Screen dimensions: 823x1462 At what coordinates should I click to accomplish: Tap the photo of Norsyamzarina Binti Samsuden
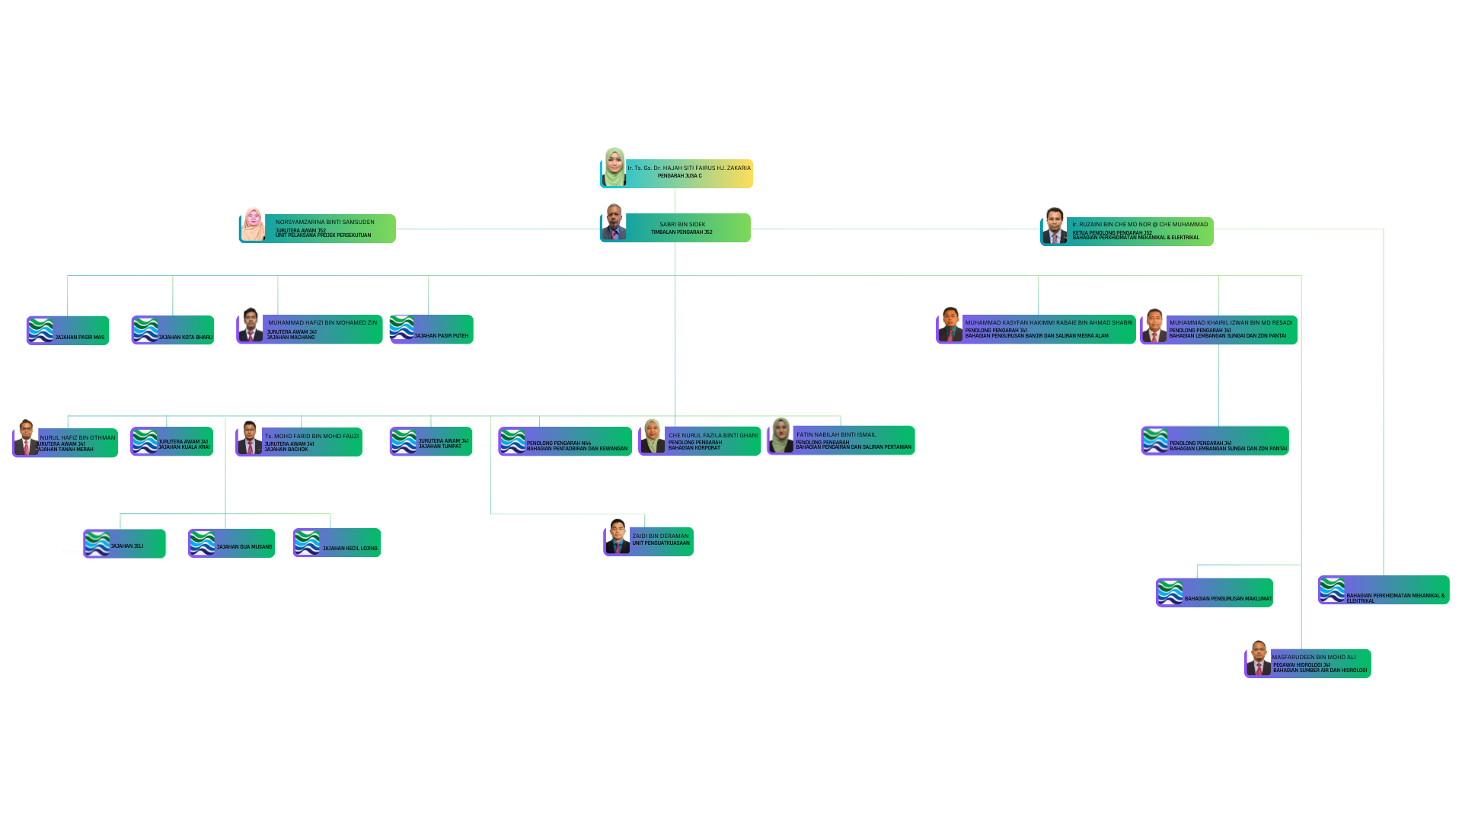[253, 226]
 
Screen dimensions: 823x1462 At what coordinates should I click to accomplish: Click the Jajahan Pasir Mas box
[69, 331]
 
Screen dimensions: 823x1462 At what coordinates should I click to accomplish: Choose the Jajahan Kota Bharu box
[174, 331]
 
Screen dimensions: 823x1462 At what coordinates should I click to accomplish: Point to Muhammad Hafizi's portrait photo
[251, 325]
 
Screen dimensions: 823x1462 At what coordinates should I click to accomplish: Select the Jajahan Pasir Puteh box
[432, 329]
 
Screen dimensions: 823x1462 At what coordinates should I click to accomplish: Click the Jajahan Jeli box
[125, 543]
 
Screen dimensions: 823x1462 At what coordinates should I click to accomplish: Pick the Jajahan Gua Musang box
[231, 543]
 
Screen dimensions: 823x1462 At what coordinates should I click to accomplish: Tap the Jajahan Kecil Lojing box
[337, 543]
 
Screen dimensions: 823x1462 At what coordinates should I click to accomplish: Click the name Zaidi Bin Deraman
[660, 536]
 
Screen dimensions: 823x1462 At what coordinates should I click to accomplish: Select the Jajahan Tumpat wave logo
[404, 441]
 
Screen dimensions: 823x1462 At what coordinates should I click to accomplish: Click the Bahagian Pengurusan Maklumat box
[1215, 593]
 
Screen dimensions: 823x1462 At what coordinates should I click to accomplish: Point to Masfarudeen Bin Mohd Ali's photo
[1258, 659]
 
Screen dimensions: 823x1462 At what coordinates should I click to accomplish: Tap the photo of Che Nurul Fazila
[652, 437]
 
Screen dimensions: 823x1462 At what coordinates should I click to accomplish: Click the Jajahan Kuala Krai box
[172, 441]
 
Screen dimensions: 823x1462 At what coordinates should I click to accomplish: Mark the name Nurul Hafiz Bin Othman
[78, 437]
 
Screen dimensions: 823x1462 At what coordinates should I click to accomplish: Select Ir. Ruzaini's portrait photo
[1055, 226]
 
